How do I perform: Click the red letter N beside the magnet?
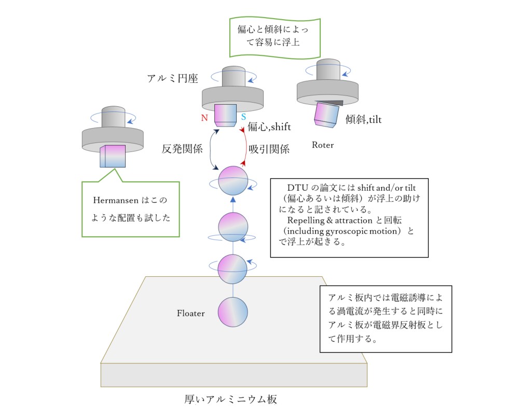204,118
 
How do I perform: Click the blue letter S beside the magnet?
243,117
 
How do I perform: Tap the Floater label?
191,314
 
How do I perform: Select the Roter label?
323,145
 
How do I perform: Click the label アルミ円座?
172,78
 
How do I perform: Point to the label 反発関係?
182,149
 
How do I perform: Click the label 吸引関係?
269,149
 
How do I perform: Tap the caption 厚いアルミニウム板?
231,399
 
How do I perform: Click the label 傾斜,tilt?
363,120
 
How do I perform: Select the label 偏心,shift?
269,126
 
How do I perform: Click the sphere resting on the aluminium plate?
233,313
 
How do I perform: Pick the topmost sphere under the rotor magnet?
233,180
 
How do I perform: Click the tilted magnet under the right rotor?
326,115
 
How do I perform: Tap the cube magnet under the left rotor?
113,156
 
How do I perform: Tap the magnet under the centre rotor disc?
225,115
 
